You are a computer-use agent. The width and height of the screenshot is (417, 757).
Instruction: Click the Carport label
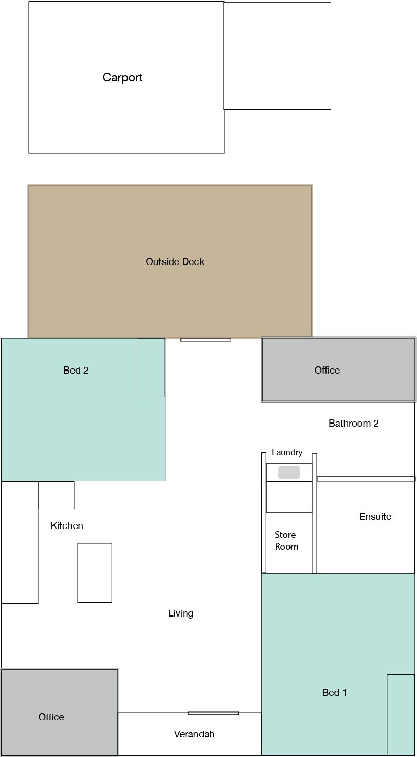click(x=122, y=77)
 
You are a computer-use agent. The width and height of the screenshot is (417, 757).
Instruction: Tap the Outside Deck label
click(x=175, y=261)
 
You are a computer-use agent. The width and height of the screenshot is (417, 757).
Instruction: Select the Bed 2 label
click(x=76, y=371)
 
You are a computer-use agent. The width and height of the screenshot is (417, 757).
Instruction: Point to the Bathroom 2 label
click(x=354, y=424)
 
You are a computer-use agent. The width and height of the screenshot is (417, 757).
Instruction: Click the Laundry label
click(x=287, y=453)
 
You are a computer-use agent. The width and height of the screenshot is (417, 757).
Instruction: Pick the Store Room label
click(x=286, y=541)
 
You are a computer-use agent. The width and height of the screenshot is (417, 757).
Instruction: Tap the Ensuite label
click(x=375, y=516)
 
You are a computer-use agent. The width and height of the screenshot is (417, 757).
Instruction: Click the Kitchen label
click(x=67, y=526)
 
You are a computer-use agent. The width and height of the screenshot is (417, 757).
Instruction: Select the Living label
click(x=180, y=613)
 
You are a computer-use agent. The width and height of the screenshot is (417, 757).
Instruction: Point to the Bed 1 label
click(x=335, y=693)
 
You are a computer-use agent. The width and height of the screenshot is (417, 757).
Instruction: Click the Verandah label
click(x=194, y=734)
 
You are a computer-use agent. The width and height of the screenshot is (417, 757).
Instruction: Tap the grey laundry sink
click(x=289, y=472)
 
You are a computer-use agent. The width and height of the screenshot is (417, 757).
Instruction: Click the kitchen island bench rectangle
click(x=95, y=573)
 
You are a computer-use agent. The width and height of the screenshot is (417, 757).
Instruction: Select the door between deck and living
click(x=206, y=340)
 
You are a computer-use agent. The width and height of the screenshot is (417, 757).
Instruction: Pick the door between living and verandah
click(x=213, y=713)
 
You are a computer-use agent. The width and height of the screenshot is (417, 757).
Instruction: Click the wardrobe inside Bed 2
click(x=151, y=367)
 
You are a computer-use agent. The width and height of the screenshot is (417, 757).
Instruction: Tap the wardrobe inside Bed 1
click(x=401, y=715)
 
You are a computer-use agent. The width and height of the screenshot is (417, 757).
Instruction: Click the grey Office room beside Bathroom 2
click(x=338, y=369)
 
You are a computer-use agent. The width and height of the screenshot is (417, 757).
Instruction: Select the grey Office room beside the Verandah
click(x=60, y=712)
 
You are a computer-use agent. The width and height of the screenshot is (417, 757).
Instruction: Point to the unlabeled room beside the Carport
click(x=277, y=56)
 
